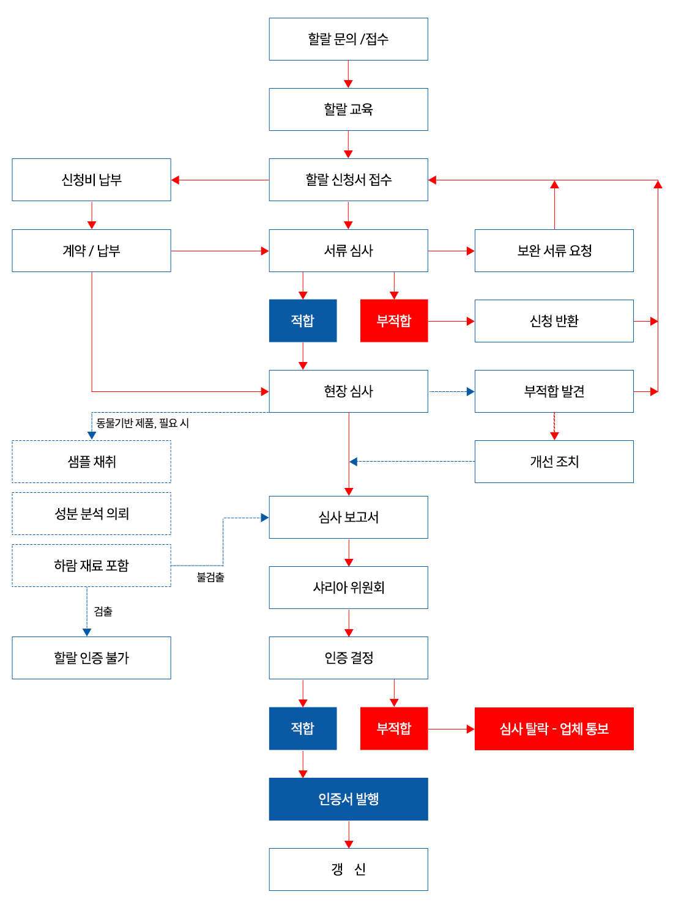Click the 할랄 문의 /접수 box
click(x=348, y=39)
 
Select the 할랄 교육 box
click(x=348, y=109)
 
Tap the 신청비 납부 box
click(x=91, y=179)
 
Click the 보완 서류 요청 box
click(x=554, y=250)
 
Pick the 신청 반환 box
click(x=554, y=320)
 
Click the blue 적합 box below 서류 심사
click(x=302, y=320)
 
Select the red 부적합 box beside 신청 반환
click(x=393, y=320)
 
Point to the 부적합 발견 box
click(x=554, y=391)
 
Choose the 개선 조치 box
click(x=554, y=461)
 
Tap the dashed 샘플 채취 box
click(x=91, y=461)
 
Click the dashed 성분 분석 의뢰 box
click(x=91, y=513)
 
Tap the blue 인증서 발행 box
click(x=348, y=799)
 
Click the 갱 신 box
click(x=348, y=869)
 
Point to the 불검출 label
click(x=210, y=577)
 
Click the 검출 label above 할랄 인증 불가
click(x=103, y=611)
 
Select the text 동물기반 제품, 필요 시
click(x=143, y=423)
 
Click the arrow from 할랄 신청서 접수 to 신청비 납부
click(x=220, y=180)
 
